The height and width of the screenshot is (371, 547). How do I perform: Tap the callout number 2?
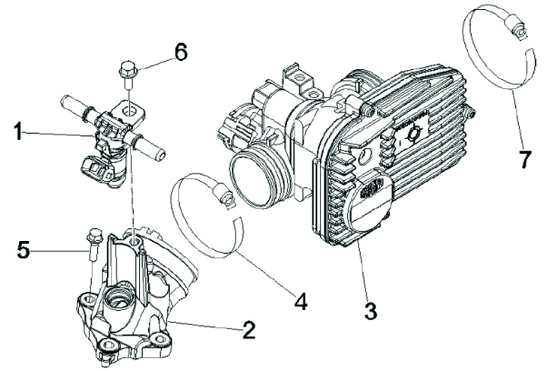tap(248, 331)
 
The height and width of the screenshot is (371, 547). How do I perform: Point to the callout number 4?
tap(301, 302)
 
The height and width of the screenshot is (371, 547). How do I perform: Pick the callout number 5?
tap(25, 249)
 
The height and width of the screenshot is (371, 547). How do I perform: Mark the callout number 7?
tap(522, 160)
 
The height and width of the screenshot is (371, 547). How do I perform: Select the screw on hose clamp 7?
tap(519, 30)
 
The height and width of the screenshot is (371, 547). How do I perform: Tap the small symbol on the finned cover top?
tap(414, 132)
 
